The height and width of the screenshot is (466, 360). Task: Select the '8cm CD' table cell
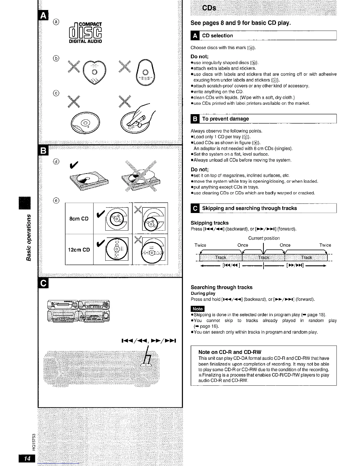tap(79, 219)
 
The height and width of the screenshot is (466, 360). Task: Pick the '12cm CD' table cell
tap(79, 250)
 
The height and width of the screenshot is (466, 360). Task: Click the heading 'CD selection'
tap(217, 36)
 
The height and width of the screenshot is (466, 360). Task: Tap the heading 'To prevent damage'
tap(225, 119)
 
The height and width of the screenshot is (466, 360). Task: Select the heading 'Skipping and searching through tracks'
tap(249, 208)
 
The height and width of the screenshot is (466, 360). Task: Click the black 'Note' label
tap(198, 309)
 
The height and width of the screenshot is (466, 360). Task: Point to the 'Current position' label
tap(264, 238)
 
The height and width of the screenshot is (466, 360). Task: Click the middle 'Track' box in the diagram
tap(264, 257)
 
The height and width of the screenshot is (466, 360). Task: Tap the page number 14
tap(27, 458)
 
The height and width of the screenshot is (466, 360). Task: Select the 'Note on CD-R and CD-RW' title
tap(230, 352)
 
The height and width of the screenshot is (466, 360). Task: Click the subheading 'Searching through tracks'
tap(221, 287)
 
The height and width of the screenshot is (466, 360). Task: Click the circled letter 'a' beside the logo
tap(56, 22)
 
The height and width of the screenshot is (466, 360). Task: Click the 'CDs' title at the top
tap(209, 8)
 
